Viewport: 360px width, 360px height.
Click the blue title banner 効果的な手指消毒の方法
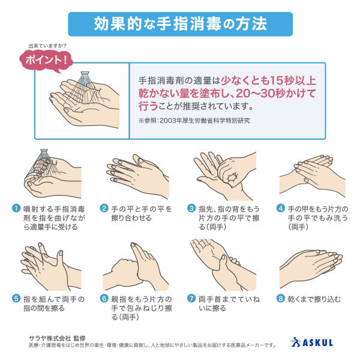(180, 24)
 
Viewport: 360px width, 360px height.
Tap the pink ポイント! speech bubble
(46, 61)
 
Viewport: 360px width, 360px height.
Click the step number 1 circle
(16, 208)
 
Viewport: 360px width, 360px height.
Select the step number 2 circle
(104, 208)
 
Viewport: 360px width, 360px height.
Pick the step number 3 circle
(191, 208)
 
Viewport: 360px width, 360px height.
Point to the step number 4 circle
(281, 208)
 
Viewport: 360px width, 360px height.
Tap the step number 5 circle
(16, 299)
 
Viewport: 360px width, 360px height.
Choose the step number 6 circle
(104, 299)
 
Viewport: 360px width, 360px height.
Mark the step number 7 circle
(191, 299)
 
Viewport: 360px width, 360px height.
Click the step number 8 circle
(281, 299)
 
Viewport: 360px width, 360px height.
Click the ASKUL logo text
(317, 343)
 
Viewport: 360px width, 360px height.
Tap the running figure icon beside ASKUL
(296, 342)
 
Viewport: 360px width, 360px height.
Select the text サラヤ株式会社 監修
(57, 338)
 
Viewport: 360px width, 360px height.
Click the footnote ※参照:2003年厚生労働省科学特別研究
(194, 121)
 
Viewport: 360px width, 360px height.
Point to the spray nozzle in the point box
(85, 73)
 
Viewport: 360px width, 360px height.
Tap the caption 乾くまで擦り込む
(314, 299)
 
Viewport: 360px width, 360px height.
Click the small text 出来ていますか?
(47, 46)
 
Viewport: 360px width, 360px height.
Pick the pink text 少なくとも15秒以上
(269, 80)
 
